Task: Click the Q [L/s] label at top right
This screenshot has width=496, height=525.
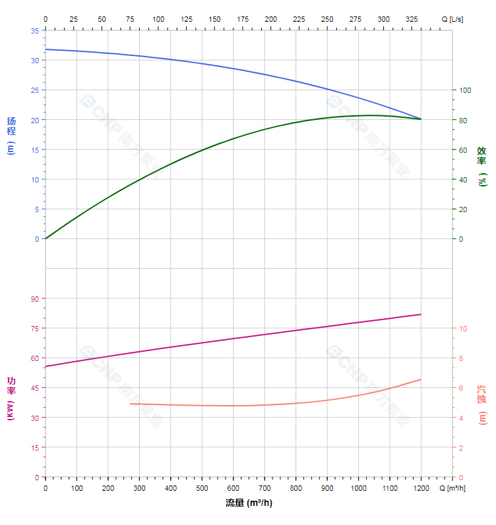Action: point(452,19)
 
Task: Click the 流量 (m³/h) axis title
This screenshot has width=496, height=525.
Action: point(249,503)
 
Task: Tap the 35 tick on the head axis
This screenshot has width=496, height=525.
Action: point(35,30)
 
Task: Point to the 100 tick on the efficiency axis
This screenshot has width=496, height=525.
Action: point(465,90)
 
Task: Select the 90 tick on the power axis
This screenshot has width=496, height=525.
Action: point(35,298)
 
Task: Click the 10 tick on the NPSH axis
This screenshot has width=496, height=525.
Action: point(463,329)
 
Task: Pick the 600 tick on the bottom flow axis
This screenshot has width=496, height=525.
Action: point(233,488)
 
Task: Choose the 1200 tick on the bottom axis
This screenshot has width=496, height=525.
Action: point(421,488)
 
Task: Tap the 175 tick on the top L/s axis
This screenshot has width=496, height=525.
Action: point(243,19)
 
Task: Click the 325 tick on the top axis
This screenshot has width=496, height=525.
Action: point(412,19)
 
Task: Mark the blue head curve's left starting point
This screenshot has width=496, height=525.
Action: point(46,49)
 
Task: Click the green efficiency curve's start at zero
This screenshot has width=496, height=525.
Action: point(46,238)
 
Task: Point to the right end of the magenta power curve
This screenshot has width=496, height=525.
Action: point(421,314)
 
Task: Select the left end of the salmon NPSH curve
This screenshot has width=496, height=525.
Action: point(131,404)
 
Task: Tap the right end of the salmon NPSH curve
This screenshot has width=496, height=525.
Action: point(421,379)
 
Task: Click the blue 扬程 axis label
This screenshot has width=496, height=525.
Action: point(11,135)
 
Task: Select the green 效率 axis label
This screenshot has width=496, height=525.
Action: point(481,165)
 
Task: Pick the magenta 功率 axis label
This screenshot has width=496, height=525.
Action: point(11,399)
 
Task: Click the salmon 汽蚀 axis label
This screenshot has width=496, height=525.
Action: point(481,404)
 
